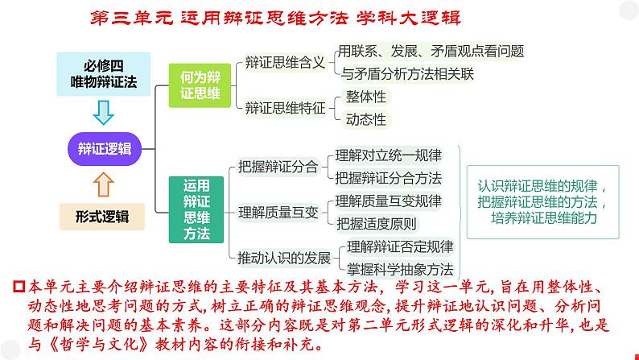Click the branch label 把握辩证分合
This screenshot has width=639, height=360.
(274, 168)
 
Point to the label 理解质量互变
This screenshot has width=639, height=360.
(274, 213)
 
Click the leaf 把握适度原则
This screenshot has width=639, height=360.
(377, 224)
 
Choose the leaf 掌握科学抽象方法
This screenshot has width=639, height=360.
(399, 269)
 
